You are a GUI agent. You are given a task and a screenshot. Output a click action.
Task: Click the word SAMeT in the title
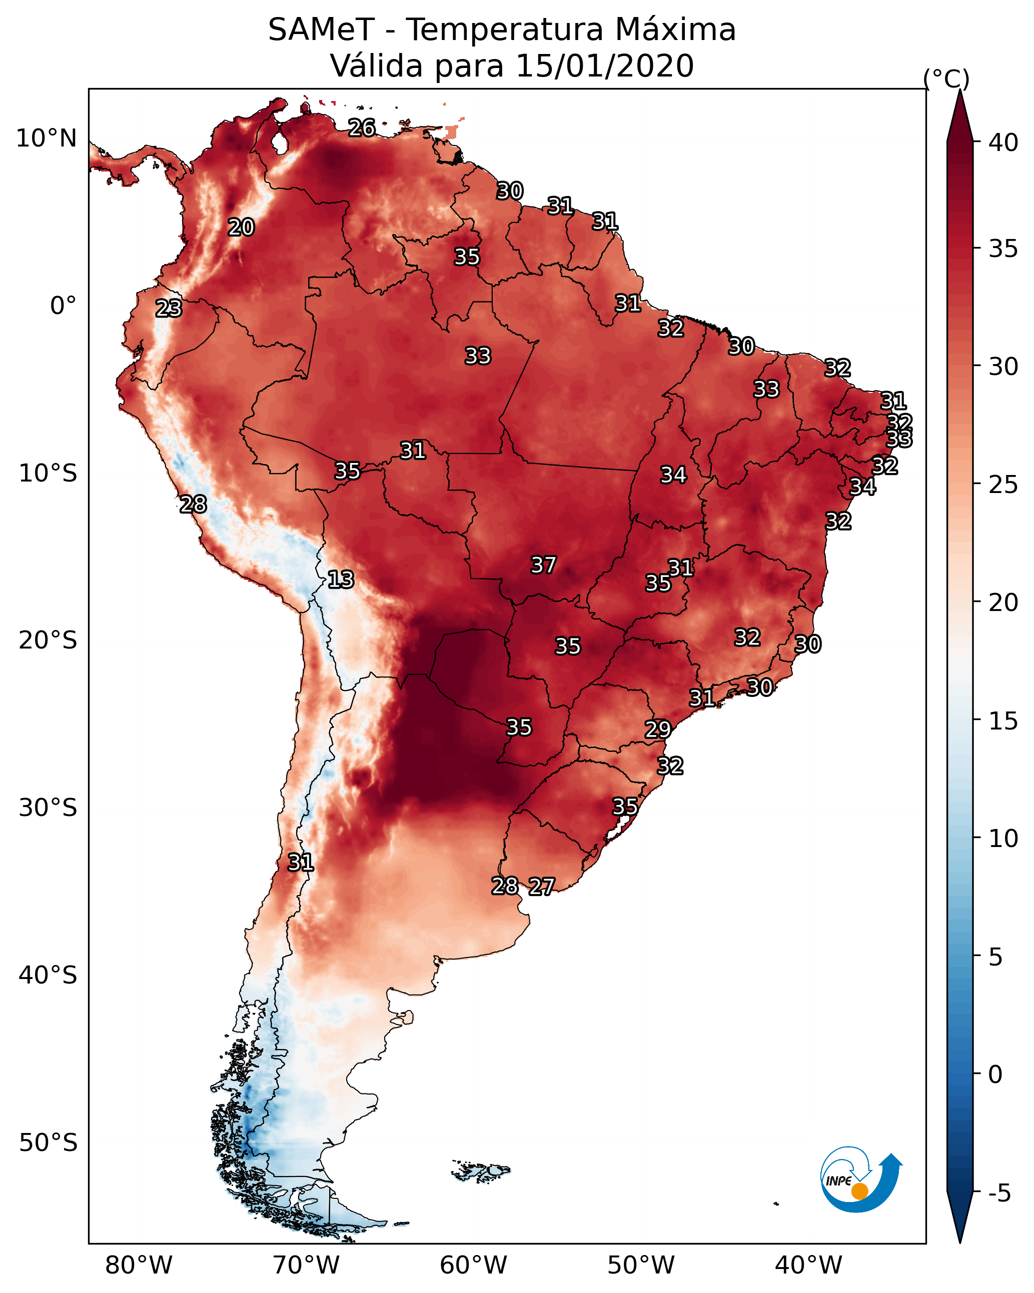click(x=321, y=30)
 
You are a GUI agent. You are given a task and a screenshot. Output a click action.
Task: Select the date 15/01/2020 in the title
click(x=604, y=66)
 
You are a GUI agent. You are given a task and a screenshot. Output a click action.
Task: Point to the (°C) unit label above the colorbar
click(x=946, y=78)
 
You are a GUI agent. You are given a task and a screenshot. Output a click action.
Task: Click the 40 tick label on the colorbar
click(x=1004, y=142)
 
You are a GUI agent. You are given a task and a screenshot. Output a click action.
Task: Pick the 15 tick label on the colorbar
click(x=1004, y=721)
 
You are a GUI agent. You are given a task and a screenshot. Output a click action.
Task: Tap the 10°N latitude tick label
click(x=46, y=138)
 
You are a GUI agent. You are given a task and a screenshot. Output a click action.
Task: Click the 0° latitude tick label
click(x=64, y=306)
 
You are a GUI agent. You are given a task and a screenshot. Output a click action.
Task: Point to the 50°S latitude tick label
click(x=48, y=1143)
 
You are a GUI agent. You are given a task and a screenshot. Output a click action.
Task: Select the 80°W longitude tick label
click(x=139, y=1265)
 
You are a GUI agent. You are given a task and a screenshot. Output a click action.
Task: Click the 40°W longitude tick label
click(x=809, y=1265)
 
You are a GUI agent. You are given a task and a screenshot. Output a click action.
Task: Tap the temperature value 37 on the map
click(x=544, y=565)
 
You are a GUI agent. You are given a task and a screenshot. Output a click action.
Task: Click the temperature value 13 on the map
click(x=341, y=579)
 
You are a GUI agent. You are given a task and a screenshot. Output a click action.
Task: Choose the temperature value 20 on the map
click(x=241, y=227)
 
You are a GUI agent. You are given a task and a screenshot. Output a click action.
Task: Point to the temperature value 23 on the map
click(x=169, y=308)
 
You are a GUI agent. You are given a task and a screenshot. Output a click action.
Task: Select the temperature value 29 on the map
click(x=658, y=729)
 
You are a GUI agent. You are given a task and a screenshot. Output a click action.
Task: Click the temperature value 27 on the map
click(x=542, y=886)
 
